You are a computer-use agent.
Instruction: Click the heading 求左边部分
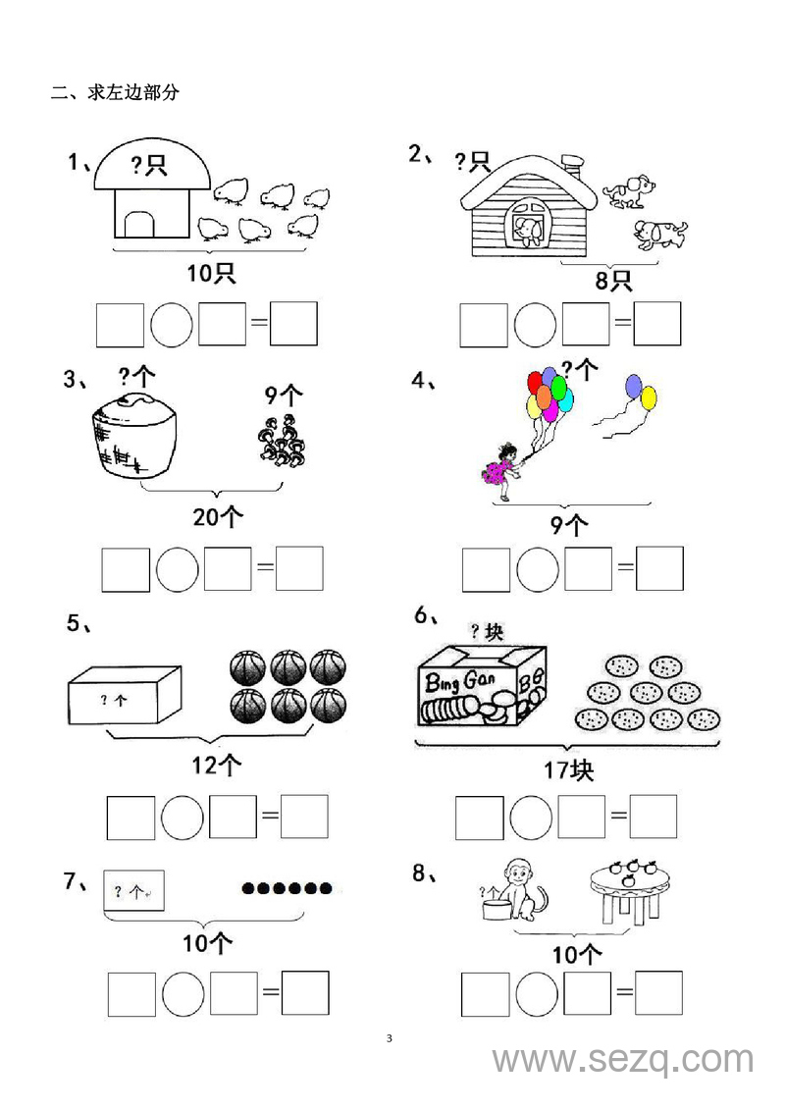pyautogui.click(x=133, y=92)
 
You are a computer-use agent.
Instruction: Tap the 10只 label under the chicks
pyautogui.click(x=211, y=273)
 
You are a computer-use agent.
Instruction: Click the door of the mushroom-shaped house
pyautogui.click(x=138, y=224)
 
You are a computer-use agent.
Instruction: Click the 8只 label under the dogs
pyautogui.click(x=613, y=281)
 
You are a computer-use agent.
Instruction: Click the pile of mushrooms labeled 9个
pyautogui.click(x=282, y=441)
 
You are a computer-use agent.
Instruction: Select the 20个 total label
pyautogui.click(x=217, y=517)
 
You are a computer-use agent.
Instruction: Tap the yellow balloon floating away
pyautogui.click(x=649, y=397)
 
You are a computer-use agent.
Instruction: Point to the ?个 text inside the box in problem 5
pyautogui.click(x=113, y=700)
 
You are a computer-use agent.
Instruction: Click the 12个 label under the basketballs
pyautogui.click(x=217, y=765)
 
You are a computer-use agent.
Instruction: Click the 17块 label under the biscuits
pyautogui.click(x=569, y=769)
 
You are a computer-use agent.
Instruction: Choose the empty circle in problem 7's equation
pyautogui.click(x=183, y=993)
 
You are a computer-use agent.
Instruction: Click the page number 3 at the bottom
pyautogui.click(x=390, y=1038)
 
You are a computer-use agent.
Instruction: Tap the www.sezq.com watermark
pyautogui.click(x=624, y=1060)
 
